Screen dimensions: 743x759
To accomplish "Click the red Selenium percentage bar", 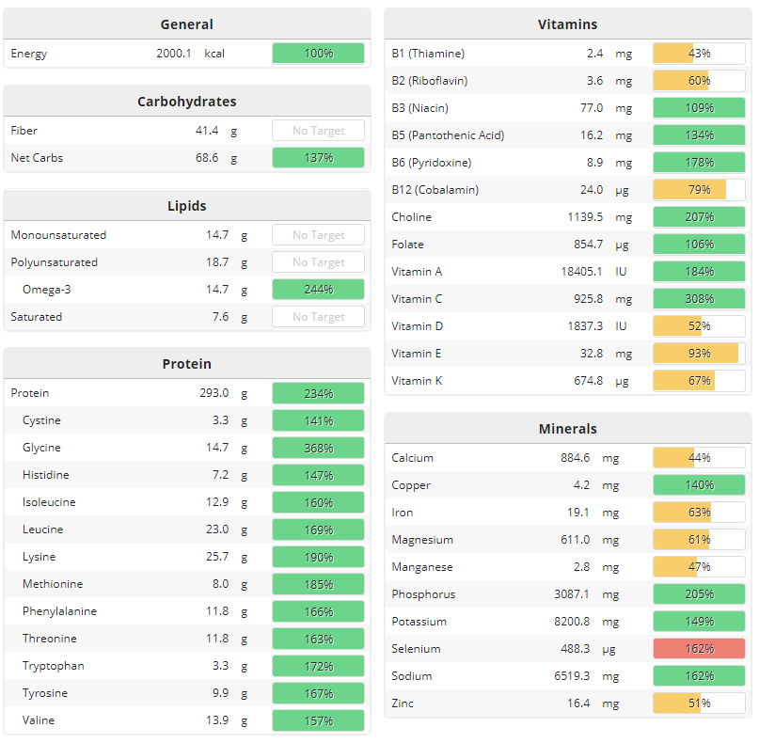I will pyautogui.click(x=699, y=649).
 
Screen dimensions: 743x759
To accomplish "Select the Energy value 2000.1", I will pyautogui.click(x=174, y=54).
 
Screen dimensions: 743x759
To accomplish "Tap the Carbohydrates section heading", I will pyautogui.click(x=187, y=102).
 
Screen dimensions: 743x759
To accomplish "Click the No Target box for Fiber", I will pyautogui.click(x=318, y=131).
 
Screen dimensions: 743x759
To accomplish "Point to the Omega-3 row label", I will pyautogui.click(x=47, y=290).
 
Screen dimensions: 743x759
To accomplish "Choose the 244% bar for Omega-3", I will pyautogui.click(x=318, y=290).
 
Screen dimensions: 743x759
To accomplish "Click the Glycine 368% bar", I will pyautogui.click(x=318, y=448).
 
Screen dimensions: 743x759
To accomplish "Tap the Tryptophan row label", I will pyautogui.click(x=54, y=666).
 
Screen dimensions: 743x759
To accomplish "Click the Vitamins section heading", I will pyautogui.click(x=567, y=24).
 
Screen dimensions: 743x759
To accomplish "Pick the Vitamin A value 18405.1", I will pyautogui.click(x=582, y=272).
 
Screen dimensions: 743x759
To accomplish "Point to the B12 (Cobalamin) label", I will pyautogui.click(x=435, y=190).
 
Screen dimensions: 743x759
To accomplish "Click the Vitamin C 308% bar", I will pyautogui.click(x=699, y=299).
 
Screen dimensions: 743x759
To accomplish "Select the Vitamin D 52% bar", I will pyautogui.click(x=699, y=326).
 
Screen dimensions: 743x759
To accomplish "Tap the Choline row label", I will pyautogui.click(x=412, y=217).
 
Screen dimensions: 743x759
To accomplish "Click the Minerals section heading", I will pyautogui.click(x=567, y=429).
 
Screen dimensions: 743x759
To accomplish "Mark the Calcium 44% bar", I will pyautogui.click(x=699, y=458).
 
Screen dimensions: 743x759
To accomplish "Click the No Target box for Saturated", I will pyautogui.click(x=318, y=317).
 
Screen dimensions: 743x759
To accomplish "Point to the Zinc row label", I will pyautogui.click(x=403, y=703).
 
